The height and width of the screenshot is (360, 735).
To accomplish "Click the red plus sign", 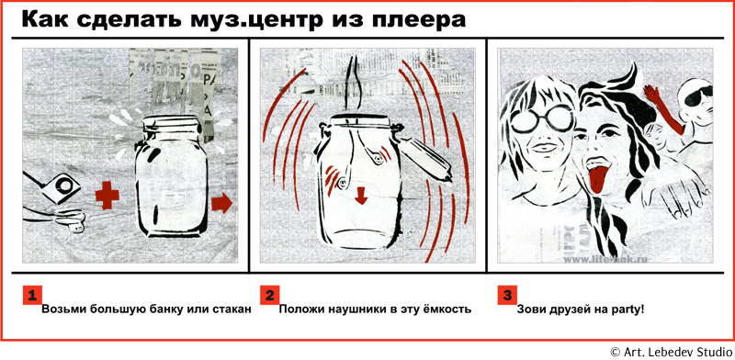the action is tap(107, 197).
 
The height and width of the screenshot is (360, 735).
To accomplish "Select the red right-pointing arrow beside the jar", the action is tap(221, 203).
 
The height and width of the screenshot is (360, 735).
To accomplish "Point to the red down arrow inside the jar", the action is tap(360, 196).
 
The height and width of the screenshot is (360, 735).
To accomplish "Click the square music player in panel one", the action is tap(61, 187).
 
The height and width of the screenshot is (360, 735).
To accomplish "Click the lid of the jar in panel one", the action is tap(172, 125).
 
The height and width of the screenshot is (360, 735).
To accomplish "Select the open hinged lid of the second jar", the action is tap(424, 158).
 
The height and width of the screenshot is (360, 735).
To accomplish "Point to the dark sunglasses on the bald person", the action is tap(698, 96).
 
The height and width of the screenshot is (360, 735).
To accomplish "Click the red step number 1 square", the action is tap(32, 296).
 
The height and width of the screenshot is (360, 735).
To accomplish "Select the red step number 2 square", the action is tap(270, 296).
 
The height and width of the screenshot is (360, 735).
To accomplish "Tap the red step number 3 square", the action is tap(508, 296).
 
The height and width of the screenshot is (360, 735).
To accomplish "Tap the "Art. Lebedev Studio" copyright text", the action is tap(677, 352).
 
